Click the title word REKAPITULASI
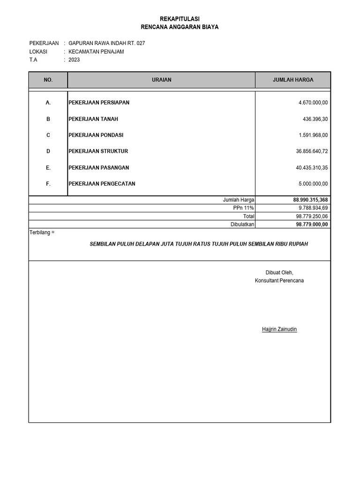point(180,18)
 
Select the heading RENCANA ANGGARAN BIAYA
point(180,27)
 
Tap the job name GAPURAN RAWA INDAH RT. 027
point(106,43)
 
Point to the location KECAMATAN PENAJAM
point(96,52)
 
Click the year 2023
point(74,60)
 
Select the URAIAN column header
point(161,80)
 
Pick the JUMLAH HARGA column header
point(293,80)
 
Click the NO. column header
point(48,80)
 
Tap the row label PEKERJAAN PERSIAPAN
point(99,102)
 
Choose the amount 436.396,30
point(315,119)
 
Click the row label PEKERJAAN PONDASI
point(96,135)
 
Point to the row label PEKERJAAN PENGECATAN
point(102,184)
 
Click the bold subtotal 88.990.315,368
point(311,200)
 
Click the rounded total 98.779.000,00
point(312,225)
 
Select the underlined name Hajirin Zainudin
point(279,330)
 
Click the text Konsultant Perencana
point(279,280)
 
